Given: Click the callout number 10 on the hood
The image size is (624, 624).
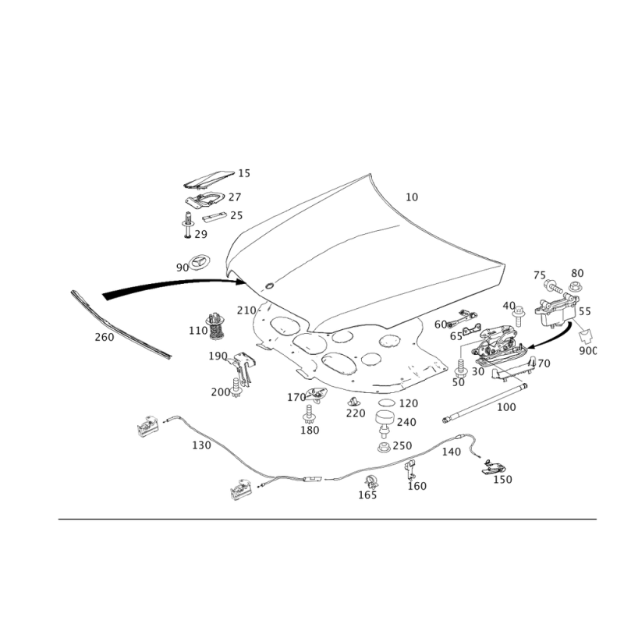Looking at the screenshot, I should pos(412,197).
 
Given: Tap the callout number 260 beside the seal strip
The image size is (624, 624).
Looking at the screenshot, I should pos(104,337).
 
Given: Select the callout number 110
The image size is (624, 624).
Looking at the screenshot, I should pos(196,330).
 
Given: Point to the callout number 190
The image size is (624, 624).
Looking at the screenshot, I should pos(219,356).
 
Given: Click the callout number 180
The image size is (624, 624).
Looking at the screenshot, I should pos(309,429).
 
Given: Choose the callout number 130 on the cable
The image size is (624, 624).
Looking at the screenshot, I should pos(201,445).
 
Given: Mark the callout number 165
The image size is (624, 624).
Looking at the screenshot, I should pos(367,495).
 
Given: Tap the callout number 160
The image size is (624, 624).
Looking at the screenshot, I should pos(417,485).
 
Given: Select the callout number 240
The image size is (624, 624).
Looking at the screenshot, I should pos(406,421).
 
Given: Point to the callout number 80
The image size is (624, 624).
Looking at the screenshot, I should pos(576,273).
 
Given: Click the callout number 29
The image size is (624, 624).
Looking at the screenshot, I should pos(200,233).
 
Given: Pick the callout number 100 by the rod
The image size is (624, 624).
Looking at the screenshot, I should pos(506,406).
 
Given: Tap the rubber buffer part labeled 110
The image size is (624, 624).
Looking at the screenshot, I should pos(214,326).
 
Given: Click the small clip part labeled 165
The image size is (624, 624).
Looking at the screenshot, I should pos(372,480).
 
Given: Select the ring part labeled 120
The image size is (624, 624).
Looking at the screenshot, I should pos(385,403).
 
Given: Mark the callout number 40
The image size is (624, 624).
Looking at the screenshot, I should pos(509,304).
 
